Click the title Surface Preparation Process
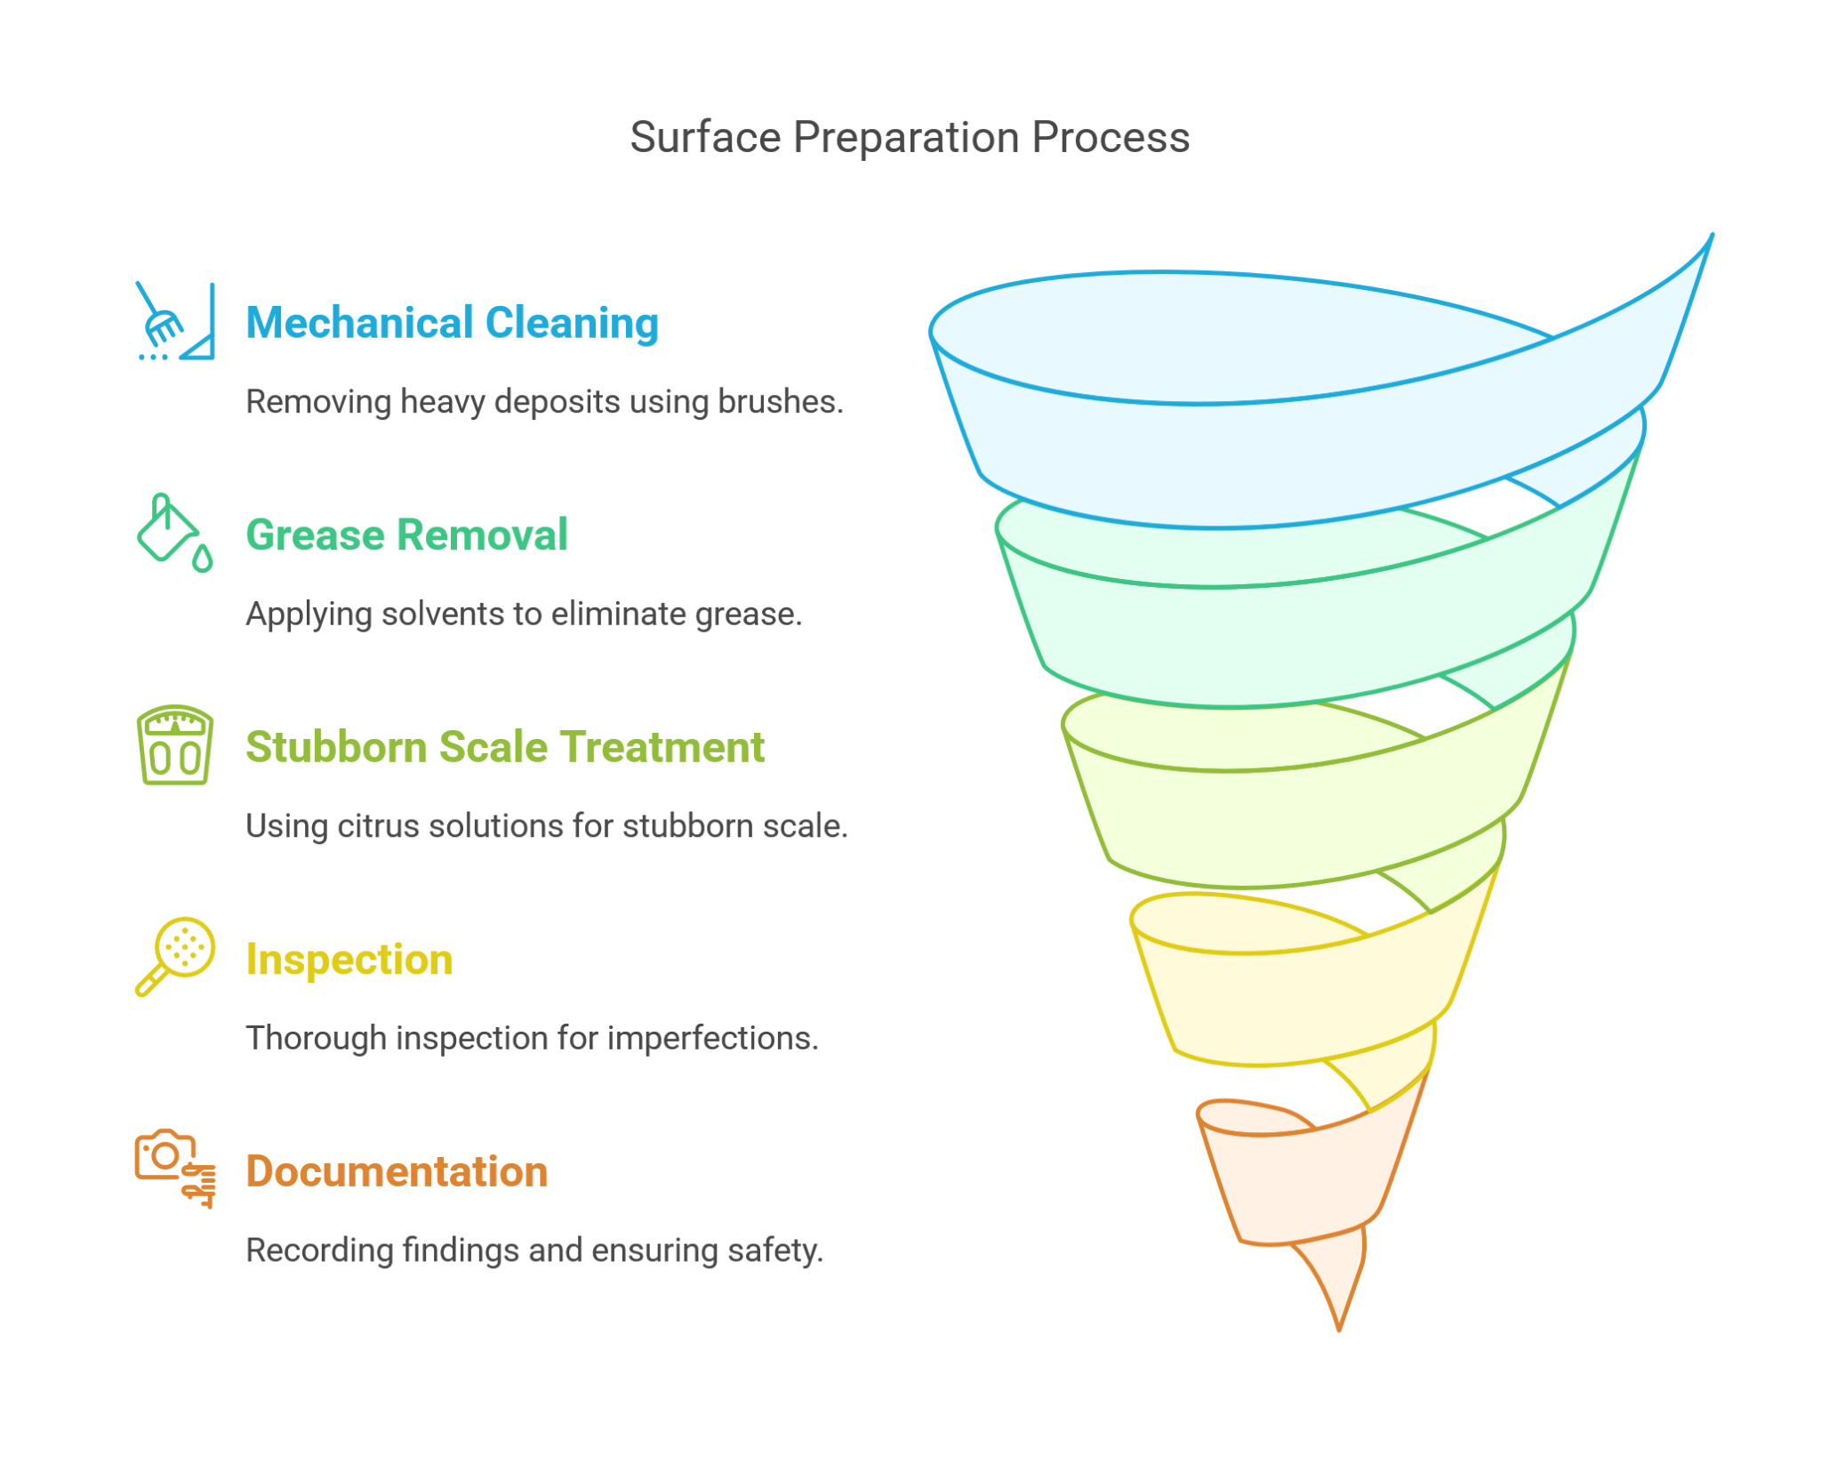909,138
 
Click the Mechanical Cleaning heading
452,323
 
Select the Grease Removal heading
406,535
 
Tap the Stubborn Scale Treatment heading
504,747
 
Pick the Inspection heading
349,960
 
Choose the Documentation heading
397,1171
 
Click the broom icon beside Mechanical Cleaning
175,322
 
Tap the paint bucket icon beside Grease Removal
174,533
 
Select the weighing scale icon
174,745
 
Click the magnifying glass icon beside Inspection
175,956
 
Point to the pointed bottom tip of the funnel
1338,1325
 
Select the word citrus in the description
378,826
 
